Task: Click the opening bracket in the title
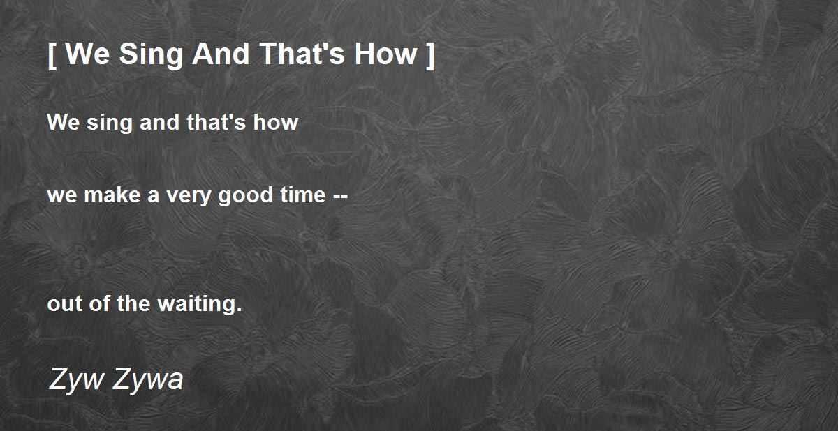(52, 56)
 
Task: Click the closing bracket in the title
(431, 56)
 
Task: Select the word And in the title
(221, 54)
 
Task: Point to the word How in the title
(385, 54)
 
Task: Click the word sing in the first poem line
(109, 123)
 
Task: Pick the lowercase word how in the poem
(275, 122)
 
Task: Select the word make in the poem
(112, 195)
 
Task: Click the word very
(189, 197)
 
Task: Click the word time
(302, 195)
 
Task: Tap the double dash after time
(340, 197)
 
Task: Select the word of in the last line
(99, 303)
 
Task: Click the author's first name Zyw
(77, 380)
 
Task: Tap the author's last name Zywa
(147, 380)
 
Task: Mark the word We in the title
(88, 54)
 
